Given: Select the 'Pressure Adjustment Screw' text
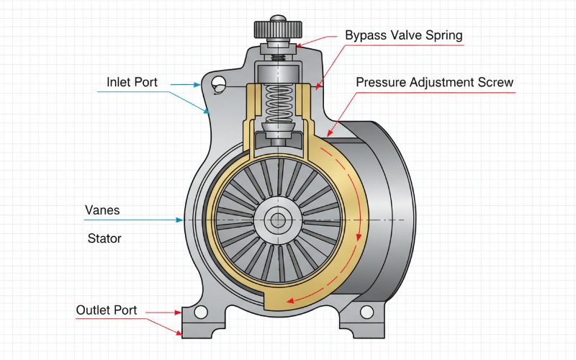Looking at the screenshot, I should (x=434, y=82).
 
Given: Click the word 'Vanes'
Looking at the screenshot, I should (x=102, y=211).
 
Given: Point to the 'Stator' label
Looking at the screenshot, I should (x=104, y=238).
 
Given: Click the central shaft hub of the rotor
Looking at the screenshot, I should (x=276, y=220).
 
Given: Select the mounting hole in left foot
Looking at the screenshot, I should (x=201, y=312).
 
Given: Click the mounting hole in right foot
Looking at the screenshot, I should (x=366, y=312).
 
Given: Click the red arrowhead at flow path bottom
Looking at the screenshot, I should (x=288, y=300).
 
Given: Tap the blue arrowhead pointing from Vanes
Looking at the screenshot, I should (x=179, y=220).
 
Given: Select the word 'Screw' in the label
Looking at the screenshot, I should (x=496, y=82).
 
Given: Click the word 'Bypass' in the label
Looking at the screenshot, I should (x=364, y=35).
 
